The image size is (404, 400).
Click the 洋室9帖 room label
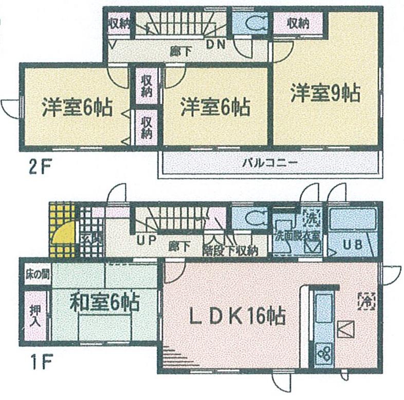[x=324, y=94]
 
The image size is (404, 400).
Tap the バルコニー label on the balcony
[x=270, y=164]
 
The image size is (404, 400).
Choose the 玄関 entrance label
[x=90, y=239]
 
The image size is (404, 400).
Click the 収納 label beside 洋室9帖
[x=298, y=23]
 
